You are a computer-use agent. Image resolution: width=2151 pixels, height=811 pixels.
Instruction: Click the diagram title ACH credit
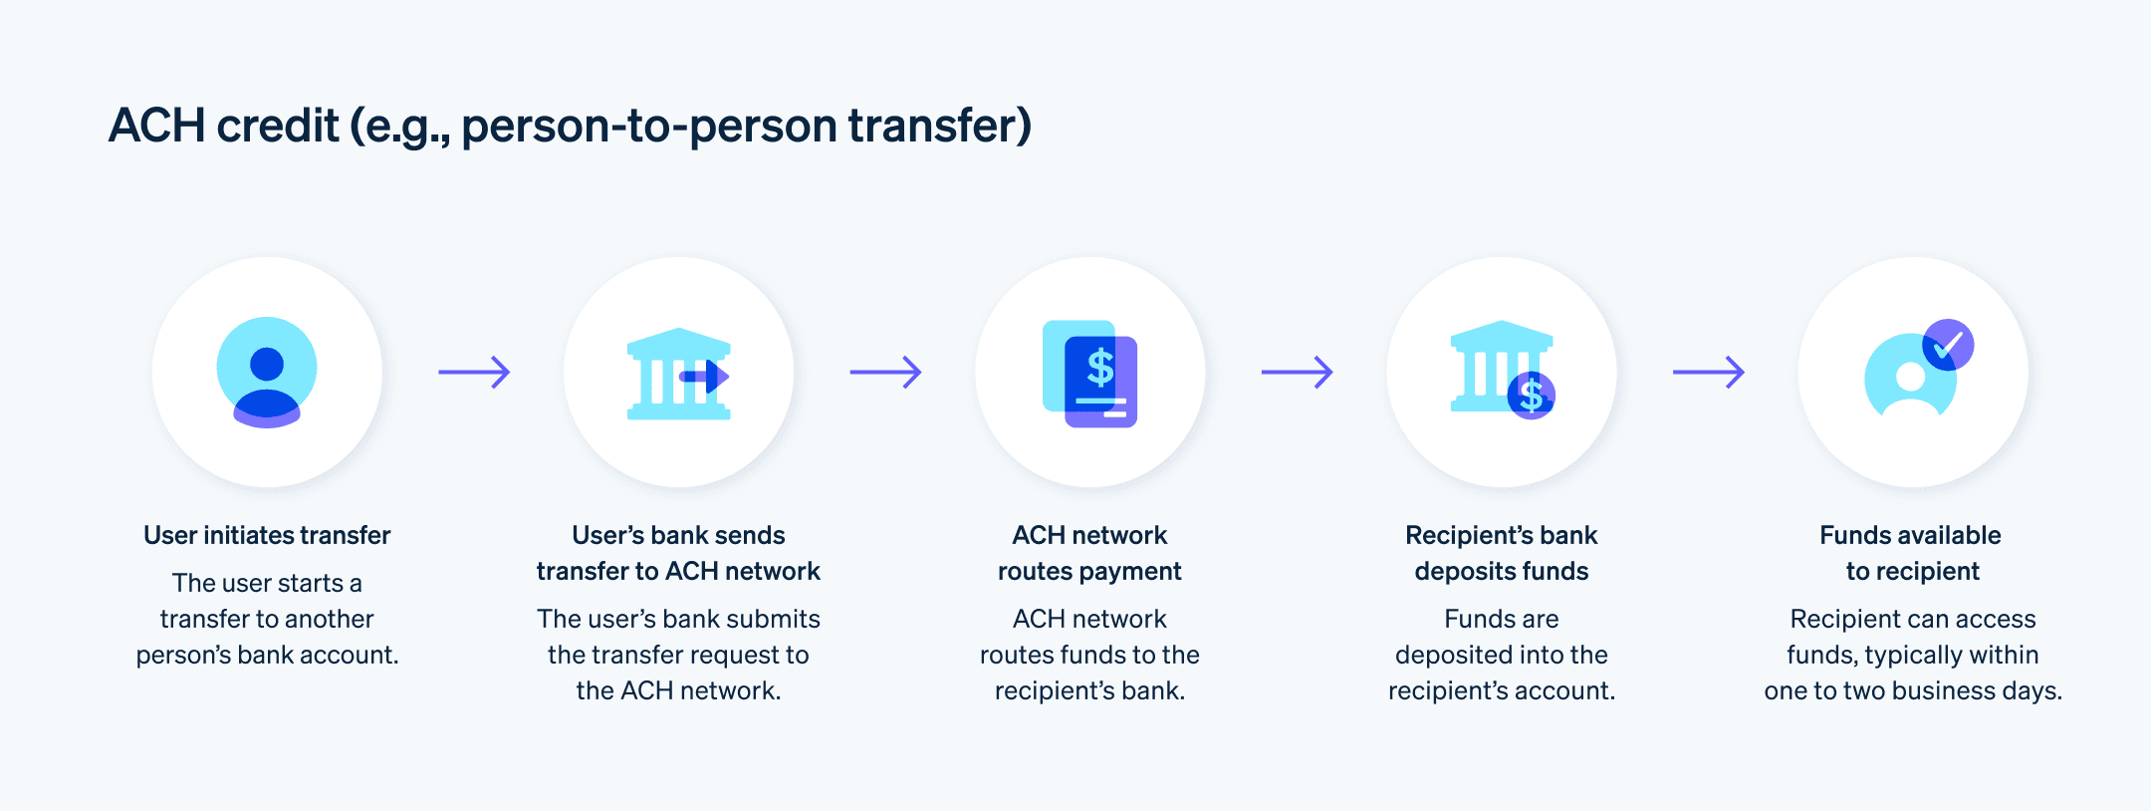pos(570,127)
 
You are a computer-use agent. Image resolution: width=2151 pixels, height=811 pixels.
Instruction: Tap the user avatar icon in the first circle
pos(267,372)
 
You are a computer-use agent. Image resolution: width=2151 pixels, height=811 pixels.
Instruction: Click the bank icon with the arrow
pos(679,374)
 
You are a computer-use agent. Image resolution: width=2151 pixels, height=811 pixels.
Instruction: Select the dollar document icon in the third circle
pos(1090,374)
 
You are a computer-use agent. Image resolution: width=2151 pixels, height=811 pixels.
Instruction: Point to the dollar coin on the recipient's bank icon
pos(1531,396)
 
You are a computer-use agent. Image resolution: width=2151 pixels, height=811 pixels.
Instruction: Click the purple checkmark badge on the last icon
pos(1947,345)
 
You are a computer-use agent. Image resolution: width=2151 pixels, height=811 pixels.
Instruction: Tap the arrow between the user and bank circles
pos(474,373)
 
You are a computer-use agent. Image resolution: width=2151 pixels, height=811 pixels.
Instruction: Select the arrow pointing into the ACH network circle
pos(885,373)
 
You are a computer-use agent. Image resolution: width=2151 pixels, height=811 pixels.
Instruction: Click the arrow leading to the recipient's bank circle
pos(1297,373)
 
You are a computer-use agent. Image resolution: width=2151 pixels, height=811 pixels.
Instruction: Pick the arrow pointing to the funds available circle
pos(1708,373)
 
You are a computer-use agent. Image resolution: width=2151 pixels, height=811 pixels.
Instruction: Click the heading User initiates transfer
pos(267,535)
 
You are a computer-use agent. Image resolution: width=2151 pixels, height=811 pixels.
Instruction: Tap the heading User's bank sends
pos(678,535)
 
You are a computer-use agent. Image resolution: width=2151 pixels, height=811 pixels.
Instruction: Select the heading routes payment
pos(1089,571)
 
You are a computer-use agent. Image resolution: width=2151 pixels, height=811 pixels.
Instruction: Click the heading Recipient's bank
pos(1501,535)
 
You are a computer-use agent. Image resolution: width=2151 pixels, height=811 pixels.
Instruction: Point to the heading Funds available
pos(1910,535)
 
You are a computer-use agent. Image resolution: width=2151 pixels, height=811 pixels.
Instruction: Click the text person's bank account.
pos(267,655)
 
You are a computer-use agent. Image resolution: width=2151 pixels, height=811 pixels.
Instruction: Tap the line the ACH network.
pos(678,690)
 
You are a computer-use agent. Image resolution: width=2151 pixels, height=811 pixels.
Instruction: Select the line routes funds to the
pos(1089,655)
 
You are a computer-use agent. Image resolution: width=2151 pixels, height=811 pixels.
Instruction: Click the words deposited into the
pos(1501,655)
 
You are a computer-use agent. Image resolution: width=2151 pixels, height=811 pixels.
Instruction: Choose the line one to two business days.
pos(1912,690)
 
